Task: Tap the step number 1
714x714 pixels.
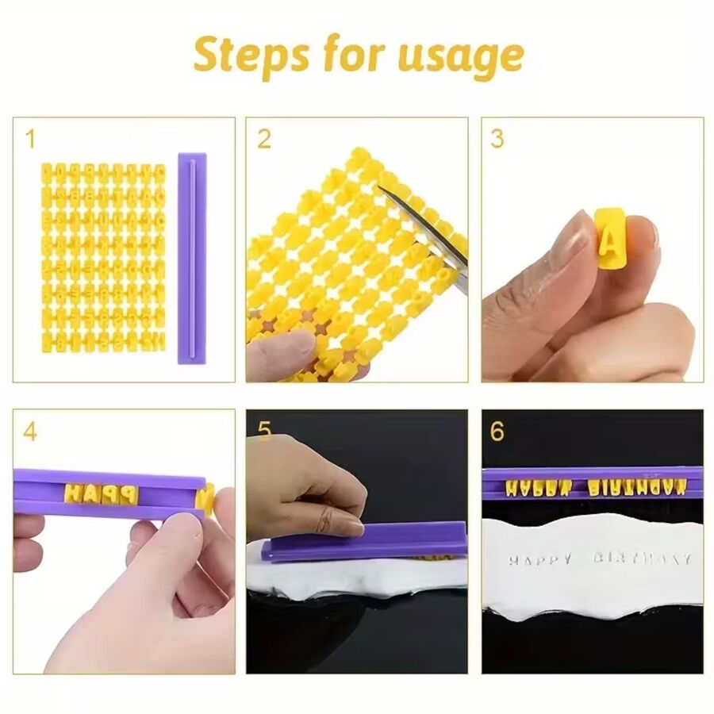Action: tap(30, 140)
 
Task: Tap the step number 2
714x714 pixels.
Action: tap(264, 140)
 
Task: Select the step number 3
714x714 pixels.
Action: tap(497, 140)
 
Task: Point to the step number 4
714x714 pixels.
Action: tap(30, 432)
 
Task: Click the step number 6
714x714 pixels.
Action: tap(497, 432)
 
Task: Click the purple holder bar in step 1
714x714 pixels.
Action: tap(191, 258)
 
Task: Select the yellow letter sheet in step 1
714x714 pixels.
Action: tap(103, 258)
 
